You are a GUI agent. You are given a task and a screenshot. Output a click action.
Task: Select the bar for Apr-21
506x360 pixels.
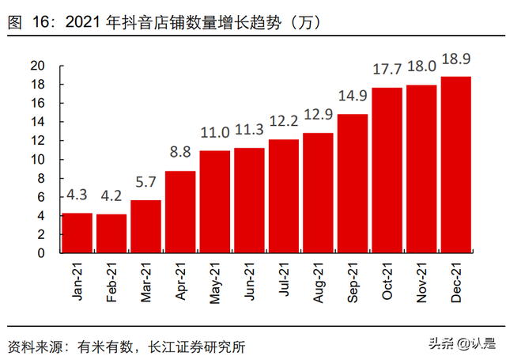tap(180, 211)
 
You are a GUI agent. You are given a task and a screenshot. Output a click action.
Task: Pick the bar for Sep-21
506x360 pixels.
tap(353, 184)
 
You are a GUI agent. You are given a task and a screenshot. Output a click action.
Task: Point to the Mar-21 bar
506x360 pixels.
tap(145, 226)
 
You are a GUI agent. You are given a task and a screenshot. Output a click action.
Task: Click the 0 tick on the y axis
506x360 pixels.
tap(50, 253)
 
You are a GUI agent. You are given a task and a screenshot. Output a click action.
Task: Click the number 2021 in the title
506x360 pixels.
tap(83, 23)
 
